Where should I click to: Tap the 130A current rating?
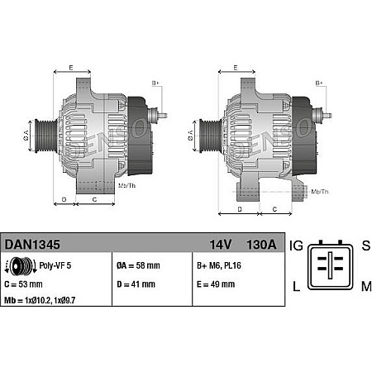[x=259, y=245]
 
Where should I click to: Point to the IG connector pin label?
[x=296, y=246]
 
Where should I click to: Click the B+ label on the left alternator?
[x=156, y=83]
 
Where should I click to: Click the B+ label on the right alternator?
[x=319, y=83]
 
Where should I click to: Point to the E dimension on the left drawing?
[x=71, y=66]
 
